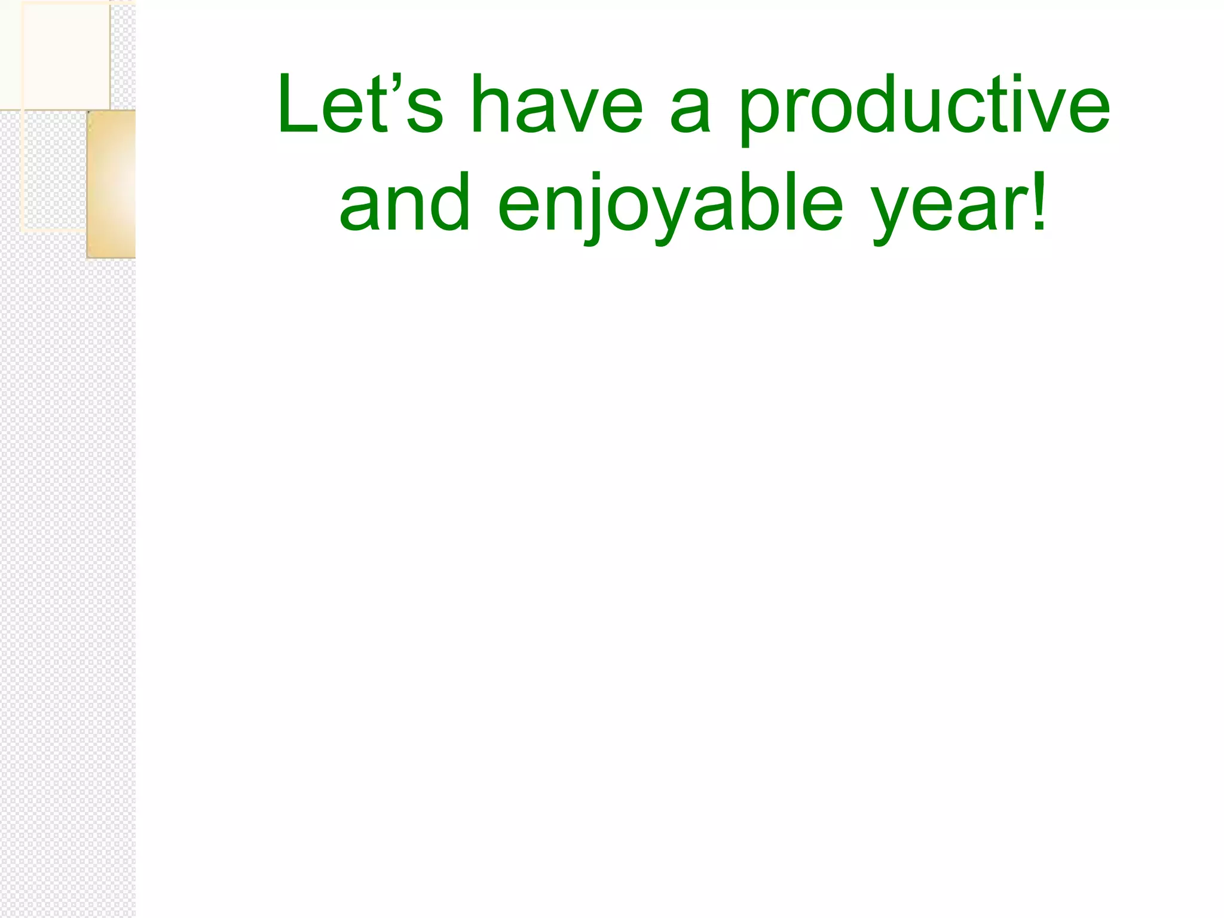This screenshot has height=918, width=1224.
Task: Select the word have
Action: point(556,105)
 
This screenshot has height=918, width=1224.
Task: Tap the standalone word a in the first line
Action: point(691,111)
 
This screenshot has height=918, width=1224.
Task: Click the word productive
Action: point(924,108)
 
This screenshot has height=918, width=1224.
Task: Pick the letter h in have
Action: point(489,105)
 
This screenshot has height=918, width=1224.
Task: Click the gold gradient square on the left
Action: point(112,184)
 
